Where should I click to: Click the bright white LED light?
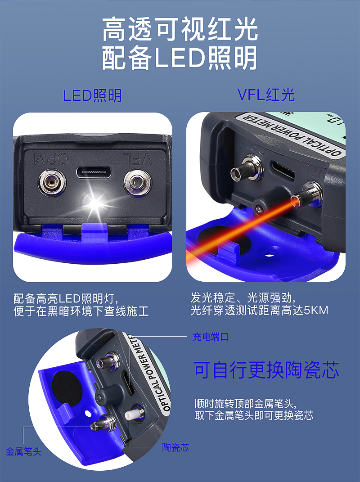95,203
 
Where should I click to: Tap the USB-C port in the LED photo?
94,172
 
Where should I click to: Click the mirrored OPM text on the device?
51,158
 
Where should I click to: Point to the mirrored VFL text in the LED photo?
137,158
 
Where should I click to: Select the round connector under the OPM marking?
52,183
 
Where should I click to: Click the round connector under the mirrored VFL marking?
137,183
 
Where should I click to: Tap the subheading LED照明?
92,95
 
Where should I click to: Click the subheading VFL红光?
266,95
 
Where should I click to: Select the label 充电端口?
211,337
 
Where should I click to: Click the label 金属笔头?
23,451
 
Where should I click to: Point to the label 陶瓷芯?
175,447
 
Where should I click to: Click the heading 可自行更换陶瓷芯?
266,370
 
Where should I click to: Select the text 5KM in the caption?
316,310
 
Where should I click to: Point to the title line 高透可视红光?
180,29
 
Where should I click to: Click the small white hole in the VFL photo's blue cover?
270,255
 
